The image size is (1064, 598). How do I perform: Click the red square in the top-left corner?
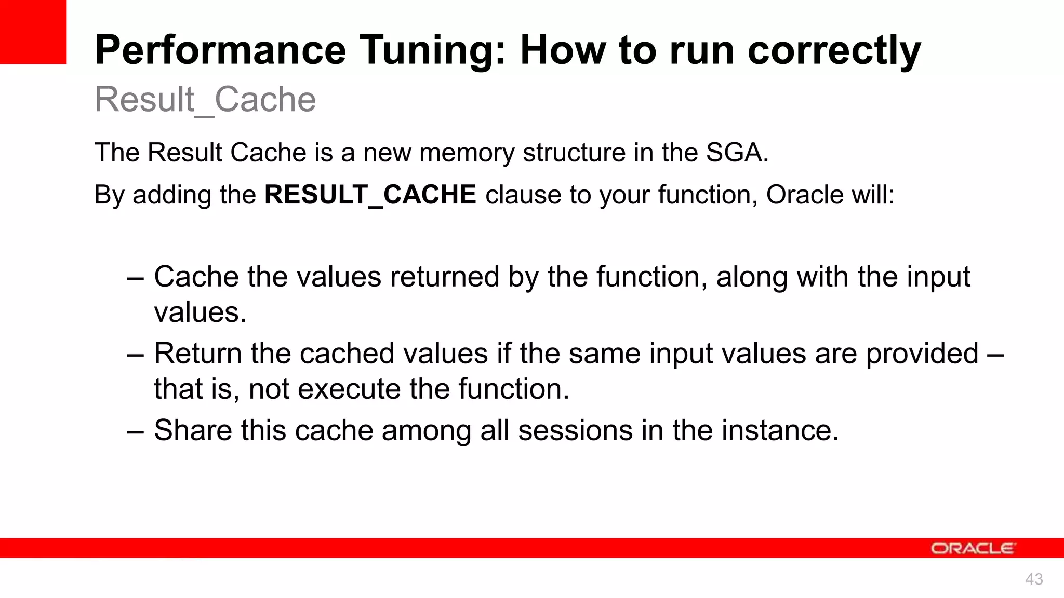click(33, 32)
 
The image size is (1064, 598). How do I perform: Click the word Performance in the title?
click(220, 50)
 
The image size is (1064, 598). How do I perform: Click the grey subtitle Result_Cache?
click(205, 100)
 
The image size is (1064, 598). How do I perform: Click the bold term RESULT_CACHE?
click(370, 195)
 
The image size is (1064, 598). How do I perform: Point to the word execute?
click(349, 389)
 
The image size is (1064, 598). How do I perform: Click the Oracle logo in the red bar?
click(972, 549)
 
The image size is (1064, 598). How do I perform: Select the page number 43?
click(1034, 579)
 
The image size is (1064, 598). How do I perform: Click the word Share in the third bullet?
click(193, 431)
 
